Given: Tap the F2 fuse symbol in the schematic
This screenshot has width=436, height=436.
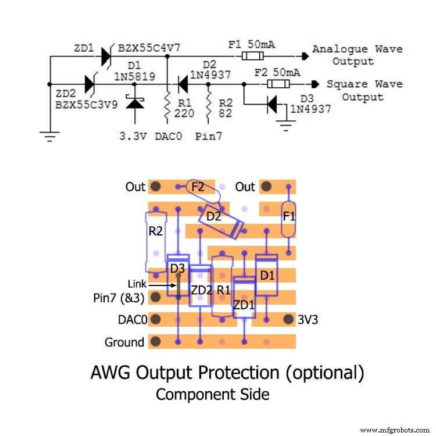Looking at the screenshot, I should click(x=278, y=84).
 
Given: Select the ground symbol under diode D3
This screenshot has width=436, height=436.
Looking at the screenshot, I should click(x=285, y=123).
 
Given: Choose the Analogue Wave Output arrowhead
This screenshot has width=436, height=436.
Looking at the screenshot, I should click(x=305, y=56).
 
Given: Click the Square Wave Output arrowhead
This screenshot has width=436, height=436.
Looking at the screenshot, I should click(x=315, y=84).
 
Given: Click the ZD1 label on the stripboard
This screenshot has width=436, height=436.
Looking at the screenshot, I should click(x=244, y=305).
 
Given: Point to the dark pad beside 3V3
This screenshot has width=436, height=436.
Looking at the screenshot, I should click(x=287, y=319).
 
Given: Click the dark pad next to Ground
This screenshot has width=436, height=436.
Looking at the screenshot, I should click(x=155, y=342).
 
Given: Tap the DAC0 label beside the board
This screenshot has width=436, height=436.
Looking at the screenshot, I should click(x=131, y=319).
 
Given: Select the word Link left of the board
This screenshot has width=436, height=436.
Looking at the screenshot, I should click(x=137, y=284).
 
